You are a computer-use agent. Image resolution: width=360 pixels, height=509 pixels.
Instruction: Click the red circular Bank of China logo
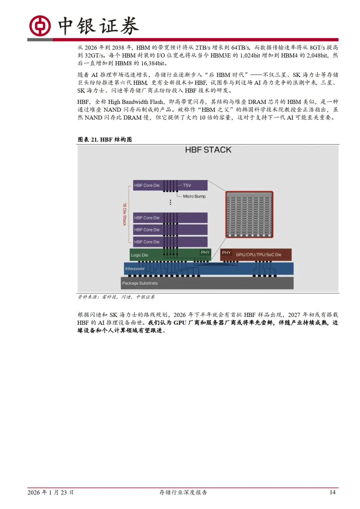pyautogui.click(x=40, y=26)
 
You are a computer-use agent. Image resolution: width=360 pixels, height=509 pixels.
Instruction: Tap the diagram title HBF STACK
pyautogui.click(x=208, y=150)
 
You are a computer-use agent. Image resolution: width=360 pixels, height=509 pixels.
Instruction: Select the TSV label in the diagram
pyautogui.click(x=187, y=185)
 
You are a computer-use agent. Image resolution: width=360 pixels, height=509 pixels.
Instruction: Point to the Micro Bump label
pyautogui.click(x=194, y=196)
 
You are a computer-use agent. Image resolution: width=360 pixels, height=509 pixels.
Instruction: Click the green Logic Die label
pyautogui.click(x=139, y=255)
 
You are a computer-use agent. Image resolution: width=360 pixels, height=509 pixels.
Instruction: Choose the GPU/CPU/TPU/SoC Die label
pyautogui.click(x=258, y=254)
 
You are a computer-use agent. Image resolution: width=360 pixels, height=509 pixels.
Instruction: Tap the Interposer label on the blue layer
pyautogui.click(x=135, y=268)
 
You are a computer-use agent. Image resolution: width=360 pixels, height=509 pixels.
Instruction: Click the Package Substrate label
pyautogui.click(x=140, y=283)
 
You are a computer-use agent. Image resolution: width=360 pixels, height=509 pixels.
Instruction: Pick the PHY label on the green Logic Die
pyautogui.click(x=205, y=253)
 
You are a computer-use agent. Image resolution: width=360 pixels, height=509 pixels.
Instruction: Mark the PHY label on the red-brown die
pyautogui.click(x=226, y=253)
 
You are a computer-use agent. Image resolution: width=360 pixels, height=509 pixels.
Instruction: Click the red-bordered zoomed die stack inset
pyautogui.click(x=249, y=214)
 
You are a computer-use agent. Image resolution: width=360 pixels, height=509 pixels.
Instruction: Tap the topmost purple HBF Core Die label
pyautogui.click(x=147, y=185)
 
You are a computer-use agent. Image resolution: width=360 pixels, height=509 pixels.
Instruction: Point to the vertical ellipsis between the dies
pyautogui.click(x=170, y=202)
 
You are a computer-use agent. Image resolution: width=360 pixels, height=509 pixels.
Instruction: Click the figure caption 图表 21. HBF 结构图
pyautogui.click(x=105, y=140)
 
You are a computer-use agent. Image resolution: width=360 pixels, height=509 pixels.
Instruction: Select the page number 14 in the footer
pyautogui.click(x=332, y=492)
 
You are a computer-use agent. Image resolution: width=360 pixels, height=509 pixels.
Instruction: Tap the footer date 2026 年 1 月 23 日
pyautogui.click(x=50, y=492)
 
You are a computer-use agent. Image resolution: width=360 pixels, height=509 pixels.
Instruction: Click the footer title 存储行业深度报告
pyautogui.click(x=183, y=492)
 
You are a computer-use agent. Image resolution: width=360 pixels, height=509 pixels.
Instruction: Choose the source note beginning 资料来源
pyautogui.click(x=116, y=297)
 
